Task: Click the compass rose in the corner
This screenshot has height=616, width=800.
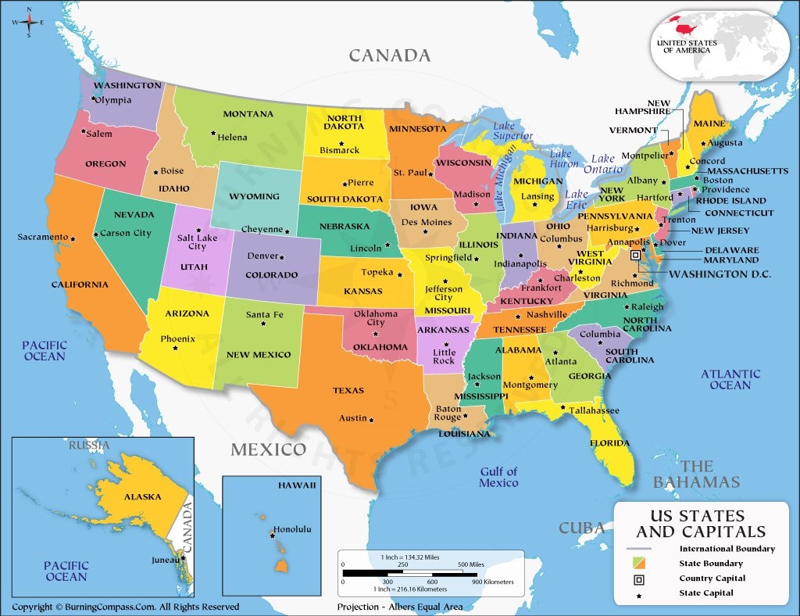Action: tap(29, 22)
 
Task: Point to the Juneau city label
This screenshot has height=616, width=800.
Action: tap(165, 560)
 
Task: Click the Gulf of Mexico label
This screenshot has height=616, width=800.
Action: tap(498, 477)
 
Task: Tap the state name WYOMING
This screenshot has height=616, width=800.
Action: tap(254, 196)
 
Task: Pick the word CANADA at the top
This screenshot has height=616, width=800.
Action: tap(389, 56)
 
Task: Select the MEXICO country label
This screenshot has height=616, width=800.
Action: tap(268, 449)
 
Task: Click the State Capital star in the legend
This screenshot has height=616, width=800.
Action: tap(639, 593)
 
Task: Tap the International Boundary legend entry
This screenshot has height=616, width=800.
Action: tap(727, 549)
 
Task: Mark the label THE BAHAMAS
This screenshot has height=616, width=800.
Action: tap(696, 475)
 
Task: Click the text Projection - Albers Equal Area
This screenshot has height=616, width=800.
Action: tap(399, 607)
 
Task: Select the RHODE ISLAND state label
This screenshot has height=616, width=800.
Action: tap(737, 199)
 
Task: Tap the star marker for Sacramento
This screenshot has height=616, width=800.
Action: tap(73, 238)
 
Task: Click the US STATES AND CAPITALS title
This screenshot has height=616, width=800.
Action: tap(700, 524)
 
